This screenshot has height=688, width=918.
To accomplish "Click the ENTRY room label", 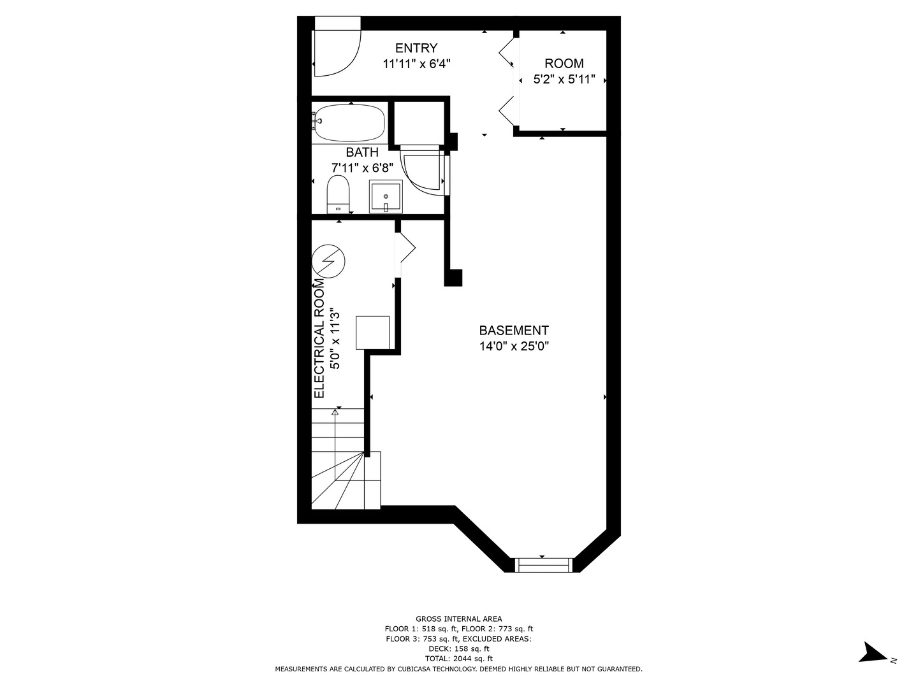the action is [x=416, y=48].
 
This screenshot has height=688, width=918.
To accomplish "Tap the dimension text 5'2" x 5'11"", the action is [x=564, y=80].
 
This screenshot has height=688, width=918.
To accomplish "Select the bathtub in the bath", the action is [x=349, y=123].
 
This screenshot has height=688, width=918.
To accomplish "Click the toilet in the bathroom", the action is [x=338, y=194].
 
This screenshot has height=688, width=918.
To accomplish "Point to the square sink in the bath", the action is [x=386, y=196].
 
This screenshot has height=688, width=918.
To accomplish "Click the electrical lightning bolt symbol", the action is [x=329, y=261].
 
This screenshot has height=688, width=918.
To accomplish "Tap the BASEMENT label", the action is [x=514, y=331].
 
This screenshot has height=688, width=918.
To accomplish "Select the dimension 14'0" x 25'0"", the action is [x=514, y=347].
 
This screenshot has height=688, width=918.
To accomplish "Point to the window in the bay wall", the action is [x=543, y=565].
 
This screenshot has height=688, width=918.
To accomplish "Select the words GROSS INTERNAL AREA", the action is [x=459, y=619].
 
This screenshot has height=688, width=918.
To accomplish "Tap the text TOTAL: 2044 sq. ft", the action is [x=459, y=659].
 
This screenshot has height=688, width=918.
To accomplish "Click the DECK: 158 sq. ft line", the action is [x=459, y=649].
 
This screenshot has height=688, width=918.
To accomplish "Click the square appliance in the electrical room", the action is [x=373, y=333].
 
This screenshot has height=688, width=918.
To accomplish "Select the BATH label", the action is [x=362, y=152].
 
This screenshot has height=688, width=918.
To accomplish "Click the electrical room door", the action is [x=405, y=249].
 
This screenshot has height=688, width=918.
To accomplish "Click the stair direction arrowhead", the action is [x=335, y=412].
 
